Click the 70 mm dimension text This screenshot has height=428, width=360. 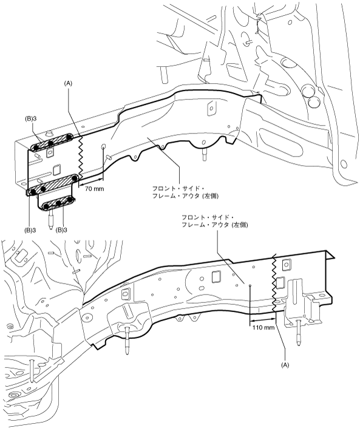point(94,188)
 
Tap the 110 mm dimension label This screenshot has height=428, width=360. point(263,327)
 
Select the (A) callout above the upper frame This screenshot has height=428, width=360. point(68,84)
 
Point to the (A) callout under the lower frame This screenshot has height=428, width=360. point(285,365)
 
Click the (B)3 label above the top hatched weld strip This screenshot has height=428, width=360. point(30,120)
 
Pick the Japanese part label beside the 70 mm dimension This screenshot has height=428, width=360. point(185,192)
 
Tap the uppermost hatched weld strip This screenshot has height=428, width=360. point(52,142)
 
